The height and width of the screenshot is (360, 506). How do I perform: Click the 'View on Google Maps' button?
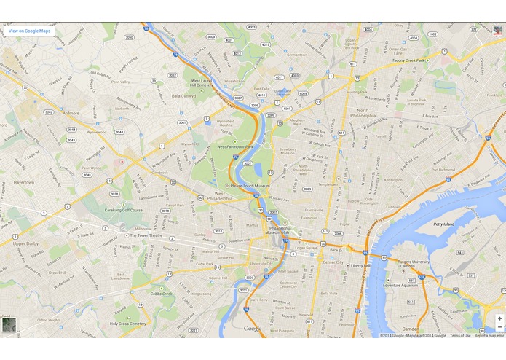point(29,31)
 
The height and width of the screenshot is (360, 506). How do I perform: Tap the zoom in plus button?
point(499,318)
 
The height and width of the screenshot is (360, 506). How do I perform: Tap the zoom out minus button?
point(499,328)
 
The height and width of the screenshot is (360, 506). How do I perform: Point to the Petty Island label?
point(444,224)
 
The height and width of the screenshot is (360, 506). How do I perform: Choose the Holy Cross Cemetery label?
point(128,323)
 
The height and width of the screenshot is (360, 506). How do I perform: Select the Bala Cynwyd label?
point(183,95)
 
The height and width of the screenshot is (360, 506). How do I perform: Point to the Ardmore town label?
point(71,114)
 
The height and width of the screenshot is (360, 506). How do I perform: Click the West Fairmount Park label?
point(235,146)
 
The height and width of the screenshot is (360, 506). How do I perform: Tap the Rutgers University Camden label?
point(411,264)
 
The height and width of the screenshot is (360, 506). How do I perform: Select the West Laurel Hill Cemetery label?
point(201,83)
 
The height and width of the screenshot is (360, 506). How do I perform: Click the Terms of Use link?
point(460,335)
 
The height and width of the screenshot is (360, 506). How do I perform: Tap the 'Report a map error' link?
point(489,335)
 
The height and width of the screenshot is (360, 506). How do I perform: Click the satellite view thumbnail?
point(9,325)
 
